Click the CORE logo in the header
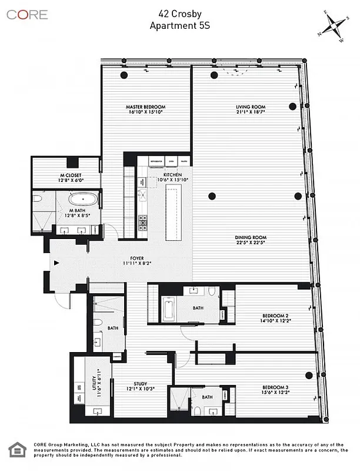pyautogui.click(x=27, y=15)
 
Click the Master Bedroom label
pyautogui.click(x=144, y=107)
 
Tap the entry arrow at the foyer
pyautogui.click(x=56, y=264)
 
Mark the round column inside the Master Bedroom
pyautogui.click(x=124, y=75)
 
